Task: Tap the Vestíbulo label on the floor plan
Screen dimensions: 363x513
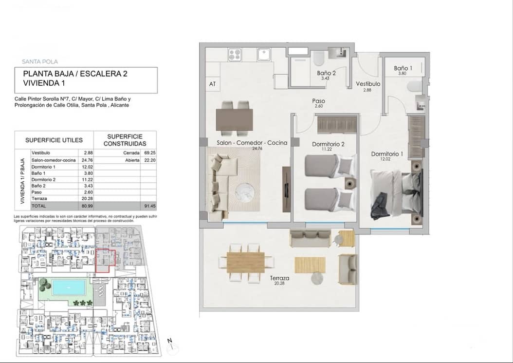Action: pyautogui.click(x=367, y=84)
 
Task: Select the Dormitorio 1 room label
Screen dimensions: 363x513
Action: pyautogui.click(x=387, y=154)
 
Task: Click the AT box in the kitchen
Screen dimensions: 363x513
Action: pyautogui.click(x=212, y=84)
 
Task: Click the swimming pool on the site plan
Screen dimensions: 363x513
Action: pyautogui.click(x=69, y=287)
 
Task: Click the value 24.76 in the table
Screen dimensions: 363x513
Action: pyautogui.click(x=88, y=160)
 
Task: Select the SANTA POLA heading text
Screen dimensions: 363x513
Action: pyautogui.click(x=40, y=62)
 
